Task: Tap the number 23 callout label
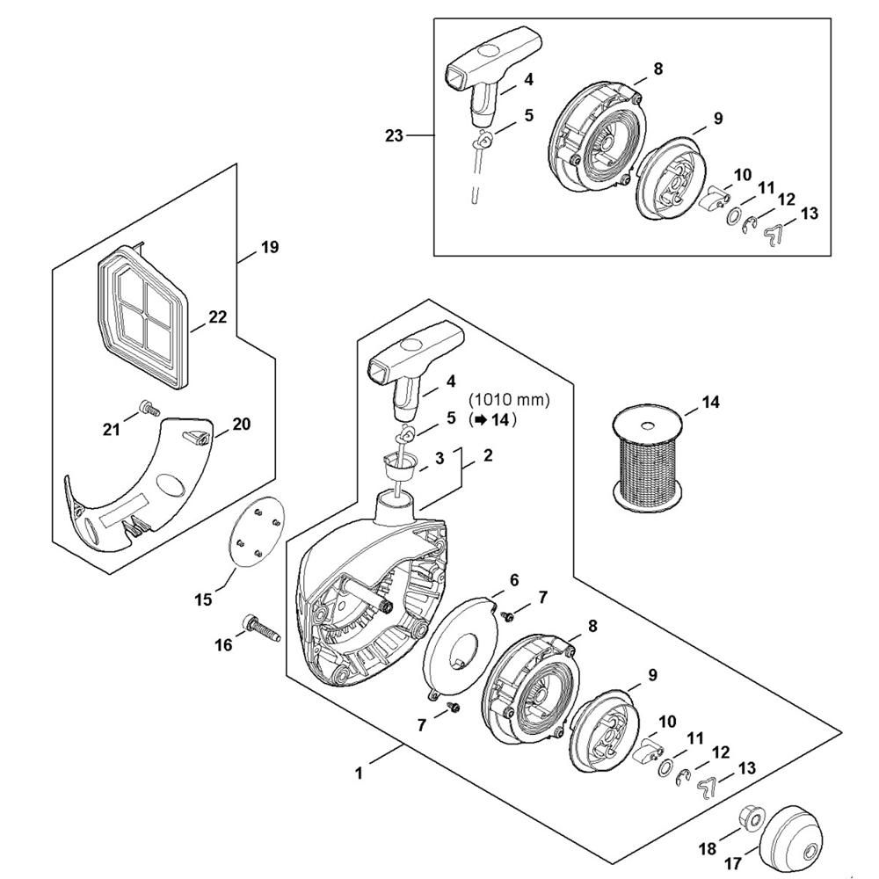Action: pyautogui.click(x=394, y=135)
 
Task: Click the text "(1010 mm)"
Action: pyautogui.click(x=511, y=400)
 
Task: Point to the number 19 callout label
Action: pyautogui.click(x=270, y=247)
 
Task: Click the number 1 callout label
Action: pyautogui.click(x=359, y=773)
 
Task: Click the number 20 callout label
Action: pyautogui.click(x=241, y=424)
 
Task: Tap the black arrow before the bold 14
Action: pyautogui.click(x=478, y=420)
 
